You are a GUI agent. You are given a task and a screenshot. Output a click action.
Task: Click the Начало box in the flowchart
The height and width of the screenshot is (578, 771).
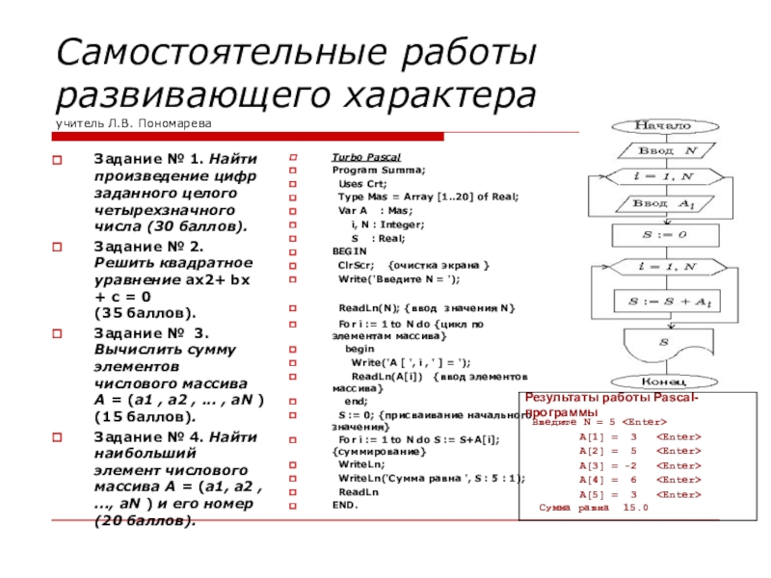(x=661, y=126)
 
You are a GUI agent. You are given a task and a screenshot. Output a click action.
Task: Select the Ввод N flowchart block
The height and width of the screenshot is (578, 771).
(x=661, y=151)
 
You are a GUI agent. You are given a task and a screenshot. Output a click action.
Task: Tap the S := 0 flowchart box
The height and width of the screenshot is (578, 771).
(x=661, y=234)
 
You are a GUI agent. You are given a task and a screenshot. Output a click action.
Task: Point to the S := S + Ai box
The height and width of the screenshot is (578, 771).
(x=661, y=302)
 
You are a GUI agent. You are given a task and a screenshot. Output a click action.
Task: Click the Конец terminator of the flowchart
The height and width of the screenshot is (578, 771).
(x=661, y=381)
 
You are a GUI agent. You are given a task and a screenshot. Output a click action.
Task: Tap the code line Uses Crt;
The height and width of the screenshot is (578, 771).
(x=362, y=183)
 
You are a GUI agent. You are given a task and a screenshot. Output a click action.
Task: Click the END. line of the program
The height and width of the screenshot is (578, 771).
(x=345, y=505)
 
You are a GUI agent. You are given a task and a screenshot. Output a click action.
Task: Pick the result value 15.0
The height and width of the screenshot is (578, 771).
(x=635, y=507)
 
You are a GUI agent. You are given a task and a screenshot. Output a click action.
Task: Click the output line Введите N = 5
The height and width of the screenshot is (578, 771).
(x=600, y=422)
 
